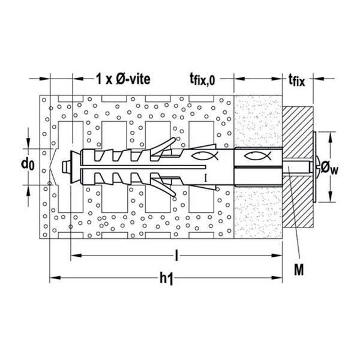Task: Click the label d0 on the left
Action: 28,164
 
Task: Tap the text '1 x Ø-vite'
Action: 123,79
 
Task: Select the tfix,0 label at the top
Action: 202,80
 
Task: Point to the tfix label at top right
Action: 296,80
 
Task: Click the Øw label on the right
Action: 329,167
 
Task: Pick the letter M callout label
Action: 299,269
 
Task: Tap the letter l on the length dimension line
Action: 176,256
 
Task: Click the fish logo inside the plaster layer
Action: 257,157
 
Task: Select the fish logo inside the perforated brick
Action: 205,156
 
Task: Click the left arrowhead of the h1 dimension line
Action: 55,278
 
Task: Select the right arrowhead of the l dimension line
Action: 277,256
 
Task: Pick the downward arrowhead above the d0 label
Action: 28,143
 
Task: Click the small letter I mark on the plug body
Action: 206,178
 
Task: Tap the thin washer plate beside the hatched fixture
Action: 314,167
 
